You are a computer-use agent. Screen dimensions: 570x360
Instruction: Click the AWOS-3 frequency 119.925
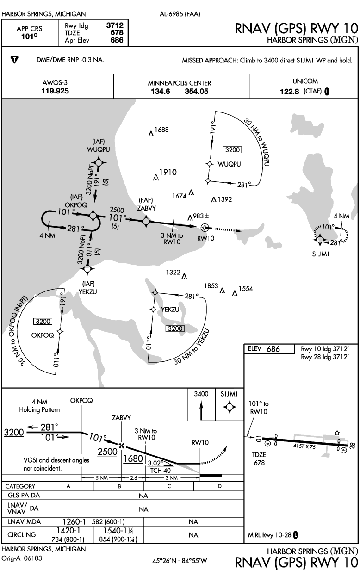tap(55, 91)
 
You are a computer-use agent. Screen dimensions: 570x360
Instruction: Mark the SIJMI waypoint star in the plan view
tap(320, 239)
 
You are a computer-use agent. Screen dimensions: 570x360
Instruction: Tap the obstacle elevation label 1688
tap(161, 130)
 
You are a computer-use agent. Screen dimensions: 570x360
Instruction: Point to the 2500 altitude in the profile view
tap(107, 452)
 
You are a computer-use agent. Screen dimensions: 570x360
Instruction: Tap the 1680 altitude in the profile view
tap(133, 458)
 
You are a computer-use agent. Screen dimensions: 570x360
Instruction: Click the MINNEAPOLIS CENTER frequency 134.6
tap(161, 92)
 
